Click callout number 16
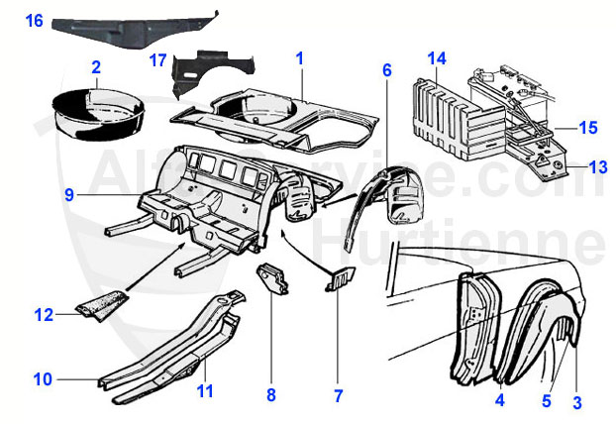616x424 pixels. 34,19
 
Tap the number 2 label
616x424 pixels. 96,67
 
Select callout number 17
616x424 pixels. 157,60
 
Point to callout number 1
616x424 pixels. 298,59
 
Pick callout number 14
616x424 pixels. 437,59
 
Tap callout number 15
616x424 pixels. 588,127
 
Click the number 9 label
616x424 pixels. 69,195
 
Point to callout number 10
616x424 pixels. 42,377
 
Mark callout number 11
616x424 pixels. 204,390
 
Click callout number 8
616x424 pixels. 270,395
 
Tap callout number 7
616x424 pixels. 338,395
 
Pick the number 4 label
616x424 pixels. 499,401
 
